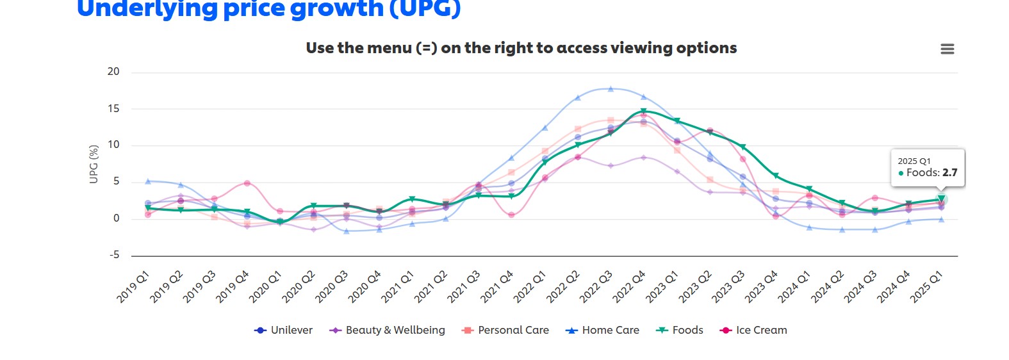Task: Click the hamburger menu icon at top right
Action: pos(947,49)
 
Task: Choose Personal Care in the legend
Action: pos(505,331)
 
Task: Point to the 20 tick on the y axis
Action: pos(113,72)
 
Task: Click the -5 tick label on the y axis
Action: pos(114,255)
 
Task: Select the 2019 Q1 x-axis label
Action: pos(134,286)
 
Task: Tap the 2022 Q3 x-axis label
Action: pos(596,286)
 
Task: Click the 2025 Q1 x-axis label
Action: pos(926,286)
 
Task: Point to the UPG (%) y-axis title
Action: pos(94,164)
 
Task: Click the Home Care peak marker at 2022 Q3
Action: pos(611,89)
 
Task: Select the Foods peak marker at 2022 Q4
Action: pos(643,111)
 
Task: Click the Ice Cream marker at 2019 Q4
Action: pos(247,183)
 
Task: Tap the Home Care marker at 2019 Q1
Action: pos(148,181)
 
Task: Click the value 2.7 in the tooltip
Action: pos(949,173)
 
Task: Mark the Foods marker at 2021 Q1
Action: pos(412,199)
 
